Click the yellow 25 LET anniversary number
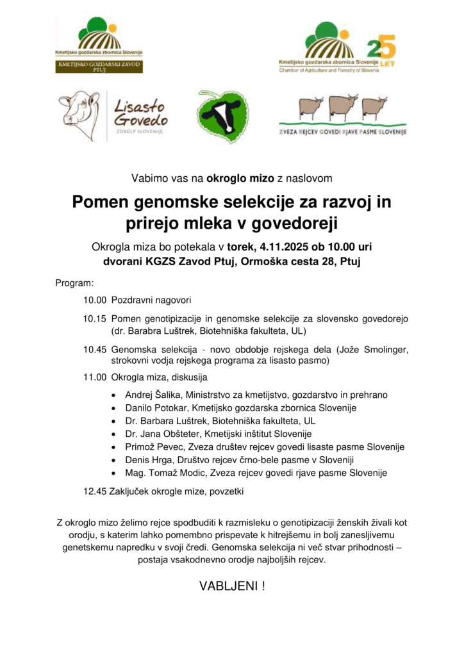(381, 49)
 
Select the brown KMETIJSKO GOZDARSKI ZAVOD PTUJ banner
(99, 66)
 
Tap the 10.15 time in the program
(94, 319)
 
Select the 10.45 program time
(94, 349)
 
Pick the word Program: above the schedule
(74, 283)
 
